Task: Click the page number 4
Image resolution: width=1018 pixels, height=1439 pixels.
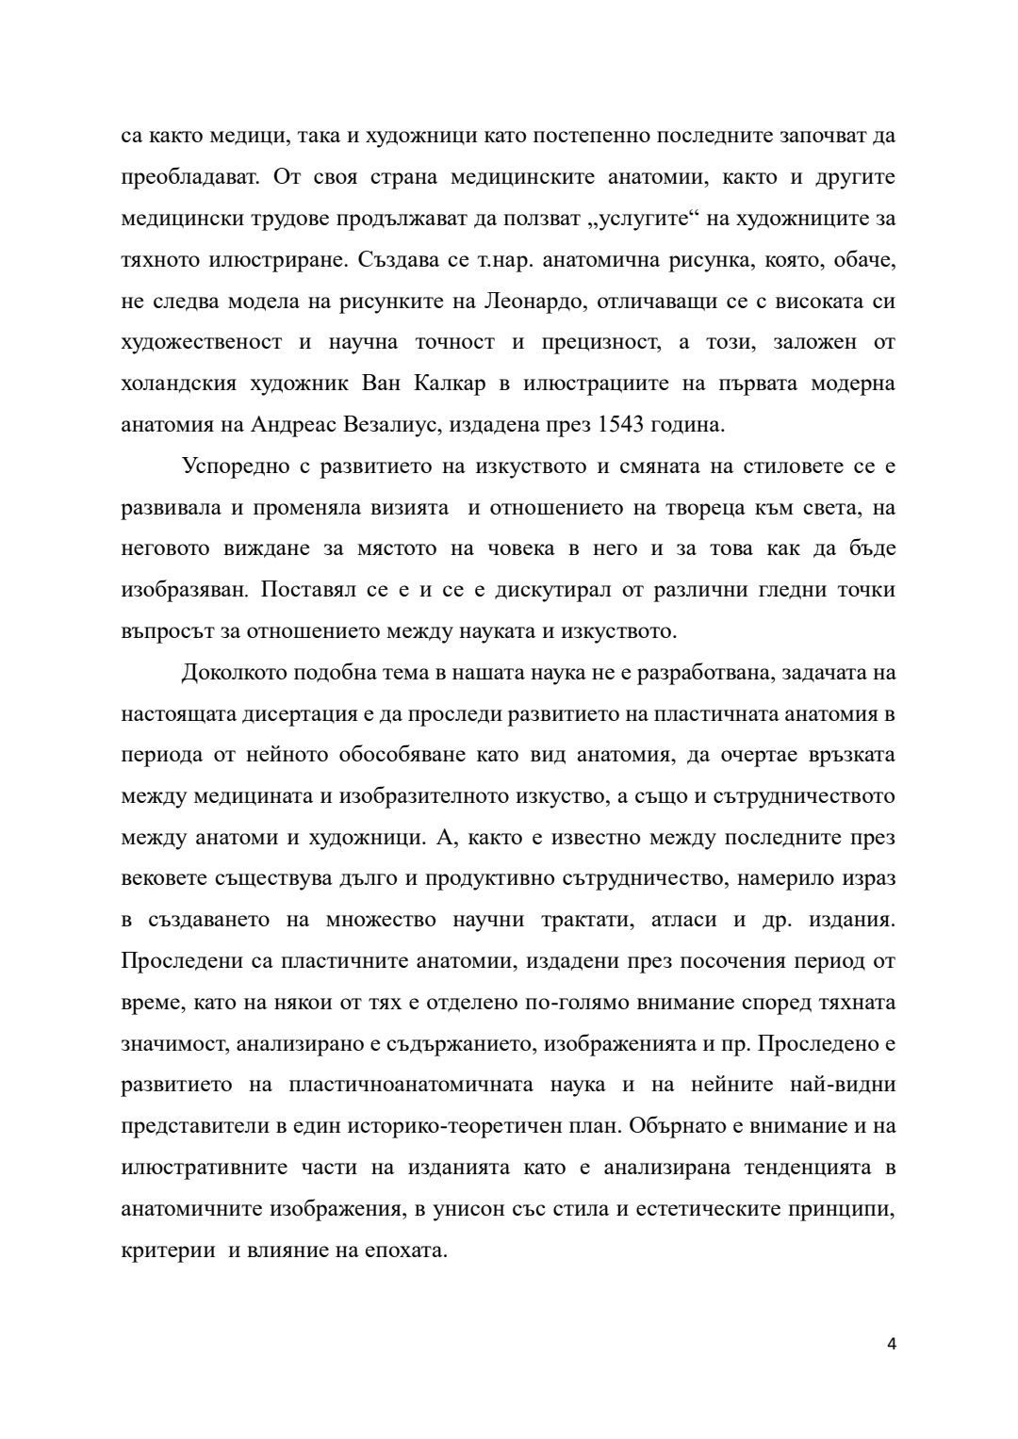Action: [891, 1345]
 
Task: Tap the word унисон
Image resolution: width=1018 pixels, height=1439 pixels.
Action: [466, 1209]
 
